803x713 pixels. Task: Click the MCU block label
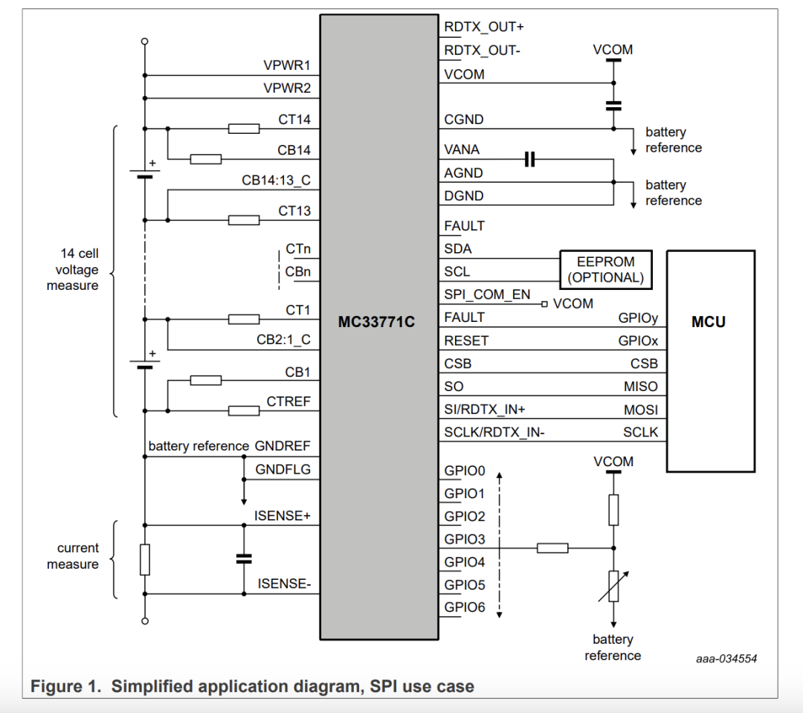coord(709,322)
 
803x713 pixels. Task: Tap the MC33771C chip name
coord(376,323)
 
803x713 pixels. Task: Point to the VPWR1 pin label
coord(287,65)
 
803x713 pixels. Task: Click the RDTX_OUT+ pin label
coord(484,27)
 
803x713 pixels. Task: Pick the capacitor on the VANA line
coord(529,159)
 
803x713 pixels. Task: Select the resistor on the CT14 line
coord(244,129)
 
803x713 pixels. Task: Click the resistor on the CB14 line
coord(206,159)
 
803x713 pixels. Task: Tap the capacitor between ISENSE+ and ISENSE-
coord(243,558)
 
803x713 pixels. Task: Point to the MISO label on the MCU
coord(640,387)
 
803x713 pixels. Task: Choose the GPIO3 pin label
coord(465,539)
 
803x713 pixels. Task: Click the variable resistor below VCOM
coord(613,585)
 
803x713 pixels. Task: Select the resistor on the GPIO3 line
coord(552,548)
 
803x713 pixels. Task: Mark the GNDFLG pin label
coord(283,469)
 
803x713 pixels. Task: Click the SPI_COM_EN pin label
coord(488,294)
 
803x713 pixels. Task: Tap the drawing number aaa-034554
coord(727,659)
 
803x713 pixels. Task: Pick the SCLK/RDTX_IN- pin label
coord(494,432)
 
